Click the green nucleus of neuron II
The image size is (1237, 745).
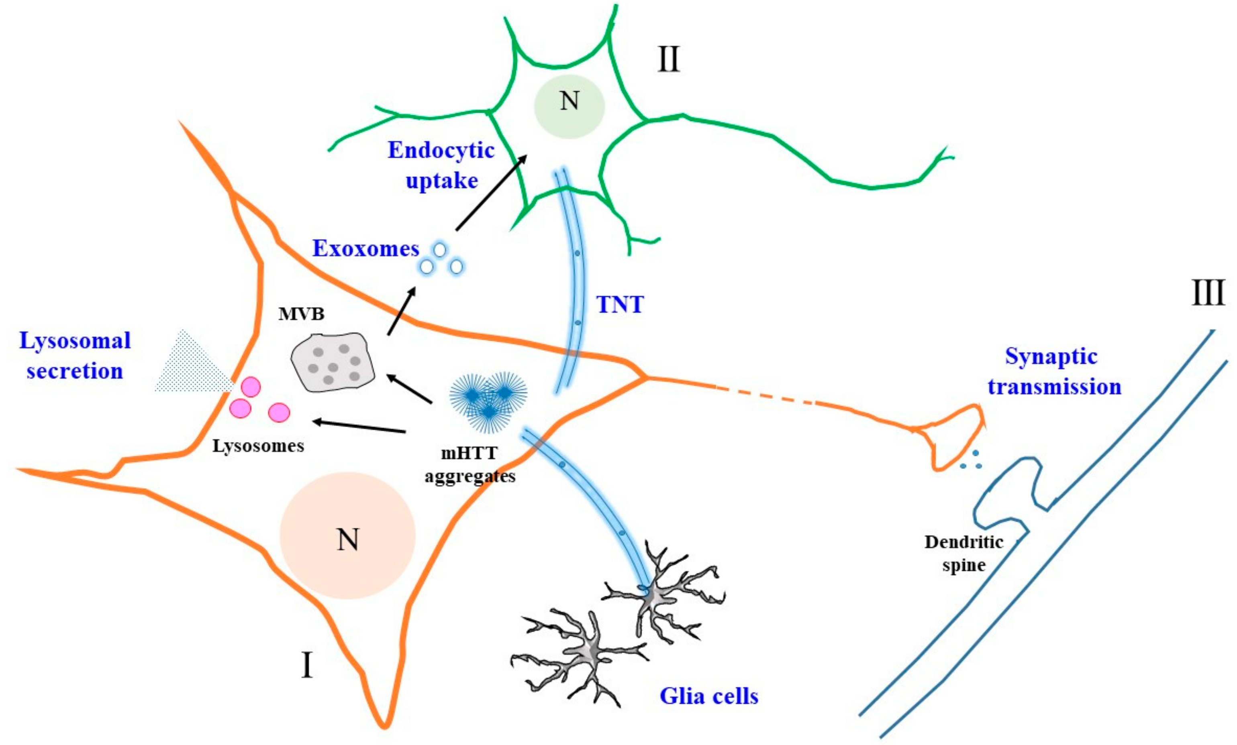(569, 106)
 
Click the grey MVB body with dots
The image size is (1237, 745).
(333, 361)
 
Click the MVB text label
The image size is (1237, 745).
(301, 314)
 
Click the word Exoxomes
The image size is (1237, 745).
(365, 248)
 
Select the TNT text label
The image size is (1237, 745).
(619, 304)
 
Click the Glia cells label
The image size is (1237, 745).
(708, 696)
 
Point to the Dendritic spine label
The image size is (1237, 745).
(963, 554)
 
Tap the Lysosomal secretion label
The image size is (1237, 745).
(74, 355)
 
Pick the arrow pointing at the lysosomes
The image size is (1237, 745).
(359, 426)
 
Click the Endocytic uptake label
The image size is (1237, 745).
(441, 165)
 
